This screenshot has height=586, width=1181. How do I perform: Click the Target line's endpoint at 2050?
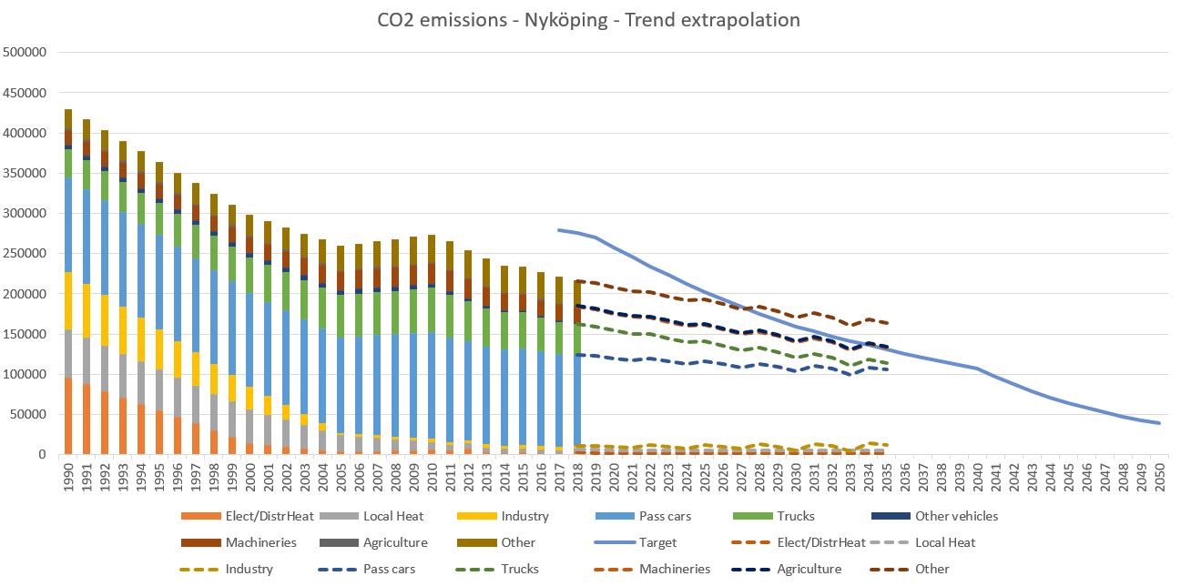1159,423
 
